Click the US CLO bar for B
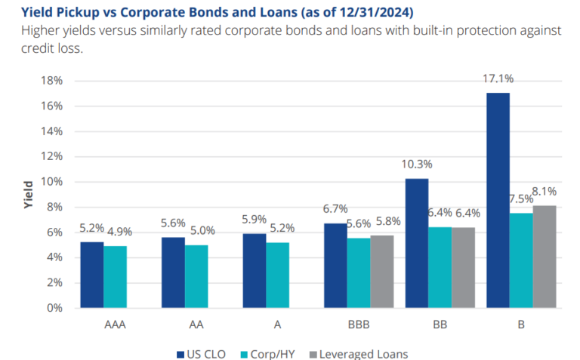pyautogui.click(x=498, y=200)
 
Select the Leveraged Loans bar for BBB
pyautogui.click(x=381, y=272)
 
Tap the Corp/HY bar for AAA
pyautogui.click(x=115, y=277)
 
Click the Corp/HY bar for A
pyautogui.click(x=277, y=275)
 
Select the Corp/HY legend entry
pyautogui.click(x=273, y=353)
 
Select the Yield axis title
pyautogui.click(x=28, y=195)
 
